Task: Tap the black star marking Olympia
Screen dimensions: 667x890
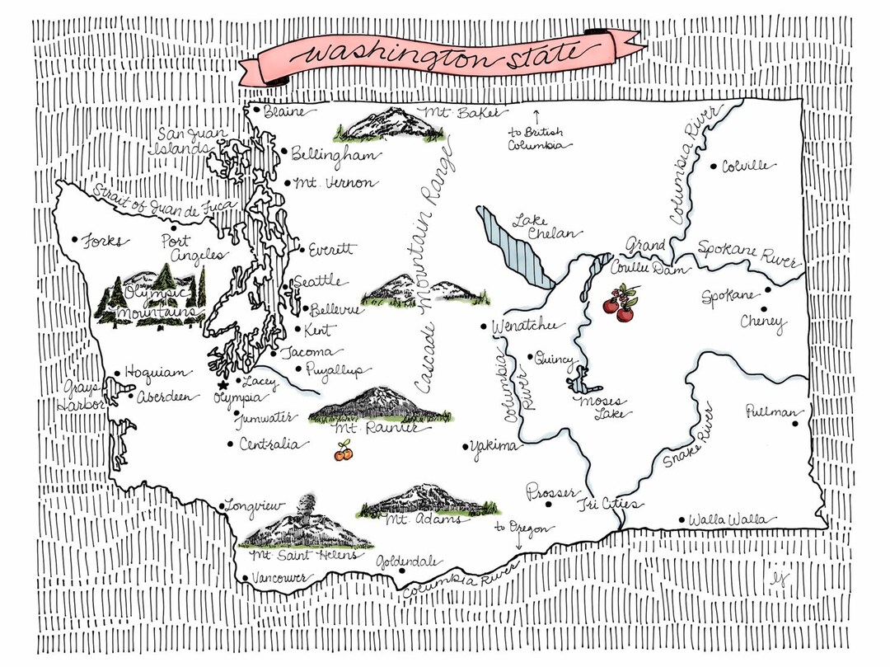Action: point(221,385)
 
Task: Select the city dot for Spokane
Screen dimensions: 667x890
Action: point(767,289)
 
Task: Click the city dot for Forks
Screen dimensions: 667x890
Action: point(75,240)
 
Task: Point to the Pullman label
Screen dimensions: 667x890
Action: point(771,411)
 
